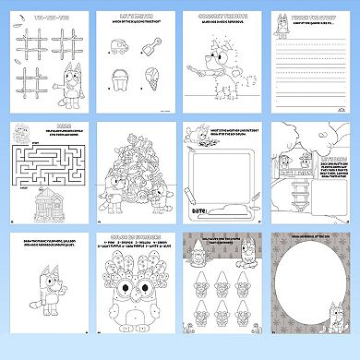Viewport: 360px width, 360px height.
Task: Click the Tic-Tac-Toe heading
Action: (x=46, y=18)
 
